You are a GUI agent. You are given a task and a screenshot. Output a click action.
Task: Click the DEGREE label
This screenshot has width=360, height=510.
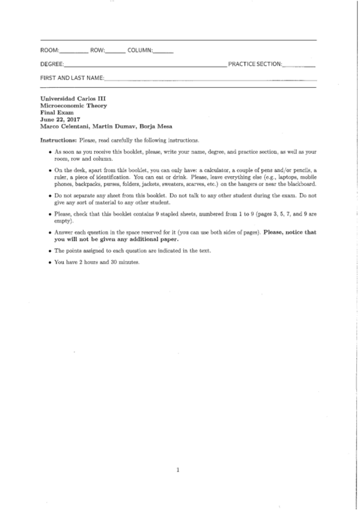tap(51, 64)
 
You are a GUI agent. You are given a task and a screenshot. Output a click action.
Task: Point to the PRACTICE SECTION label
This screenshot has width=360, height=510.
tap(255, 64)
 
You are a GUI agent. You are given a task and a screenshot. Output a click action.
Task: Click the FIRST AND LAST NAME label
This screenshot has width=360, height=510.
tap(72, 78)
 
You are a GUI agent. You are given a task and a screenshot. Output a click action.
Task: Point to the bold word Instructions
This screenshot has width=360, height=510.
tap(58, 140)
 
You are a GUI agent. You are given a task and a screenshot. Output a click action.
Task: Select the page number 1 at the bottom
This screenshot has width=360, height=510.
tap(178, 470)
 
